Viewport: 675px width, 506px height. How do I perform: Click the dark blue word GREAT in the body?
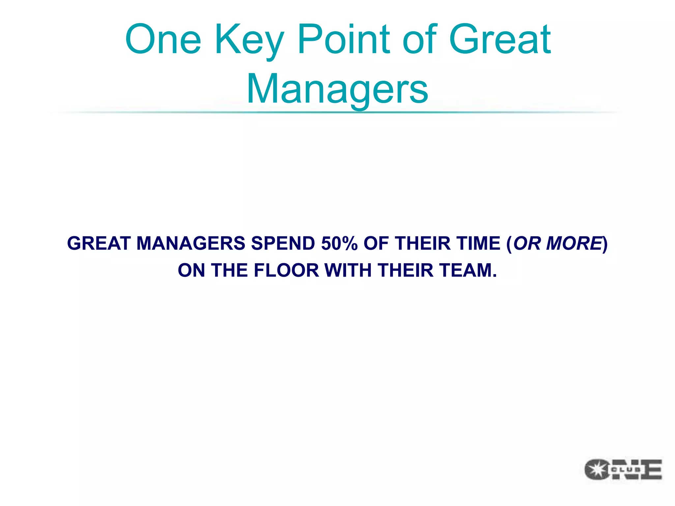[x=99, y=243]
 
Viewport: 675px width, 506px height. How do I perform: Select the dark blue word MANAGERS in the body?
[x=191, y=243]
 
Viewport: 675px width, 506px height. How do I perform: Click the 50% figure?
[x=339, y=243]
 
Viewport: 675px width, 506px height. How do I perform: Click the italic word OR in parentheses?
[x=527, y=243]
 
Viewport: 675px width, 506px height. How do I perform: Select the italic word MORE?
[x=574, y=243]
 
